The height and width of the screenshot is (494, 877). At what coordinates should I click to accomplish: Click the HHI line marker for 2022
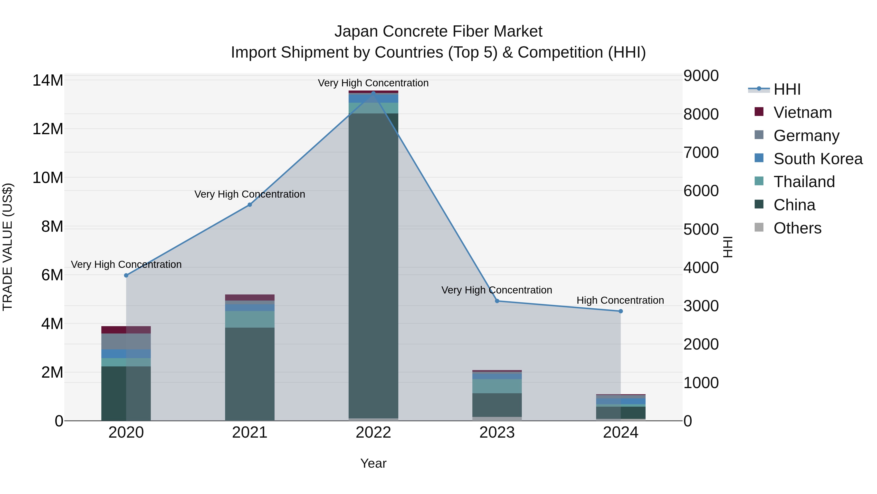pos(373,93)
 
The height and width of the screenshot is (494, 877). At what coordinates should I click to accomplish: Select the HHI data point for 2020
pos(126,275)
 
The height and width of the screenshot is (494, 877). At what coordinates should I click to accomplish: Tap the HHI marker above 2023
pos(497,301)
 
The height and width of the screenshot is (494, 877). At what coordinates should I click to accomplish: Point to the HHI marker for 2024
pos(620,311)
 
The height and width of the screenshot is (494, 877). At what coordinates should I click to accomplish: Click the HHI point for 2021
pos(249,205)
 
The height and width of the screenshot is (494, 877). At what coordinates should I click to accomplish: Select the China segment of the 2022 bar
pos(373,266)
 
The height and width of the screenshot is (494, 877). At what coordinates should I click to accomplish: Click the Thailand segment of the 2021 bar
pos(249,319)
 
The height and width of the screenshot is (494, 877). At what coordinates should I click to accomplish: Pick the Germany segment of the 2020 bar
pos(126,341)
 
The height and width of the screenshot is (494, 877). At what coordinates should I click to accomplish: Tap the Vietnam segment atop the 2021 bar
pos(249,297)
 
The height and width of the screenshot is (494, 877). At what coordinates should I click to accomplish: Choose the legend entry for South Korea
pos(818,159)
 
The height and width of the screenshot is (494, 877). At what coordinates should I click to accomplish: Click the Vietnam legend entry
pos(802,112)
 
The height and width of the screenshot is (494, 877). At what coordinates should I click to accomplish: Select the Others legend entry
pos(797,228)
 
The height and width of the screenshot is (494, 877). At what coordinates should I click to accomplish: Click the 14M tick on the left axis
pos(48,81)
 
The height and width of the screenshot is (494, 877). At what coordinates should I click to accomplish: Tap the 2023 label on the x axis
pos(497,433)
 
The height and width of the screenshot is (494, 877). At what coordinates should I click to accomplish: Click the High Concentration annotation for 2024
pos(620,300)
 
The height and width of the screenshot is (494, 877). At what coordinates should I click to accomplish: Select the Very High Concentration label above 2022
pos(373,83)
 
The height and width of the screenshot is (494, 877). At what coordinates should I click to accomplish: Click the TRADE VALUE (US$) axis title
pos(8,247)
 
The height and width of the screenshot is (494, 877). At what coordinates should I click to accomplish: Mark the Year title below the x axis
pos(373,463)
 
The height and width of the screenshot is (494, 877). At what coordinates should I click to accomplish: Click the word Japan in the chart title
pos(356,31)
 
